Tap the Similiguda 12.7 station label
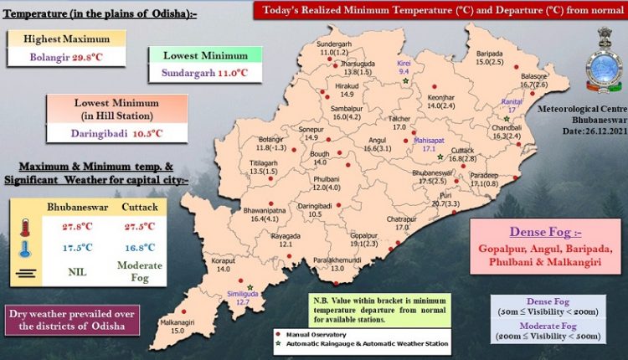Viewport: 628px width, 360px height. click(239, 296)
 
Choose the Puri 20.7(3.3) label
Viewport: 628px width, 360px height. click(445, 198)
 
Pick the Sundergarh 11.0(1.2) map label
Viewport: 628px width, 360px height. click(335, 47)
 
